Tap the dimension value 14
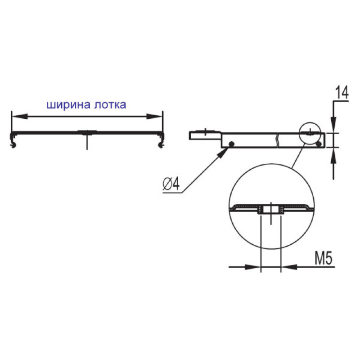click(342, 92)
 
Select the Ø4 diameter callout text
click(171, 184)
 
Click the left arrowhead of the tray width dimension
click(20, 117)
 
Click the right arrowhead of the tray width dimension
click(154, 117)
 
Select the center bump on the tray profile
click(87, 132)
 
